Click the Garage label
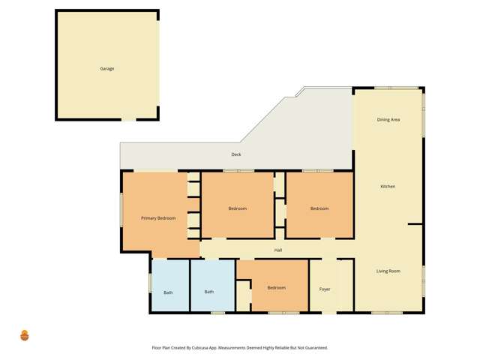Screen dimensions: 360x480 [x=107, y=68]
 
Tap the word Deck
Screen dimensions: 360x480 [x=235, y=154]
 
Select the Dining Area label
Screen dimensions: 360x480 [x=388, y=119]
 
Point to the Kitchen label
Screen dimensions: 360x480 [x=388, y=186]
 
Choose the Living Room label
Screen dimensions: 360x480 [x=388, y=271]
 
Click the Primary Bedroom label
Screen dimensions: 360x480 [x=158, y=218]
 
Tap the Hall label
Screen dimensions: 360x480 [x=278, y=250]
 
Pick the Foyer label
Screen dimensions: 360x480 [x=325, y=289]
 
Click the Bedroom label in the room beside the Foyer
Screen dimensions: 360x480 [x=276, y=287]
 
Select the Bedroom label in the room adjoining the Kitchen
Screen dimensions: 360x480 [x=319, y=208]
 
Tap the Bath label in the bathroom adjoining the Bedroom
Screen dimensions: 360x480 [x=209, y=292]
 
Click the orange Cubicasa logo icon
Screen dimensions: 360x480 [x=25, y=335]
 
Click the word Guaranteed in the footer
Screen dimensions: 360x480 [x=314, y=348]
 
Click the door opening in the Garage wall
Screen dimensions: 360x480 [x=129, y=119]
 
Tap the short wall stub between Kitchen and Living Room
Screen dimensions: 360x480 [x=415, y=223]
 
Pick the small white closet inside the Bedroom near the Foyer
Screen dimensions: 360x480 [x=244, y=294]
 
